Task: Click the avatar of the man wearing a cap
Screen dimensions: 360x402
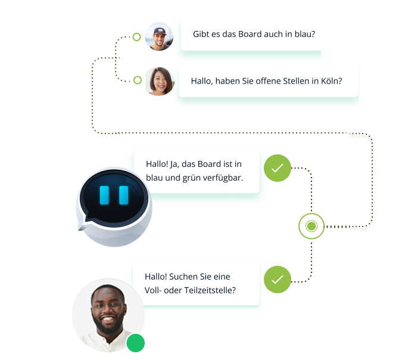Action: pyautogui.click(x=159, y=36)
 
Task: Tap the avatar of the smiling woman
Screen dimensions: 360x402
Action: pyautogui.click(x=160, y=80)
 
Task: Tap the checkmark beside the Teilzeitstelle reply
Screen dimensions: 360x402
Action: pyautogui.click(x=278, y=279)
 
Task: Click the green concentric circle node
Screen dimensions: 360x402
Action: pyautogui.click(x=311, y=226)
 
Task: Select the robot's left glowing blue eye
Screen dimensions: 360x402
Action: pyautogui.click(x=105, y=195)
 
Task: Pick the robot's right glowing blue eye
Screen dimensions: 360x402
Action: pyautogui.click(x=124, y=195)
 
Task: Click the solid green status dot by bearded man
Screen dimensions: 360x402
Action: pyautogui.click(x=136, y=343)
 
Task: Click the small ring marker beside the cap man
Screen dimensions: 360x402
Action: pyautogui.click(x=137, y=37)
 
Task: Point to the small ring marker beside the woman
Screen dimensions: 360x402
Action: pyautogui.click(x=138, y=80)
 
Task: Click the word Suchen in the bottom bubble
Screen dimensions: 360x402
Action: pyautogui.click(x=184, y=277)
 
